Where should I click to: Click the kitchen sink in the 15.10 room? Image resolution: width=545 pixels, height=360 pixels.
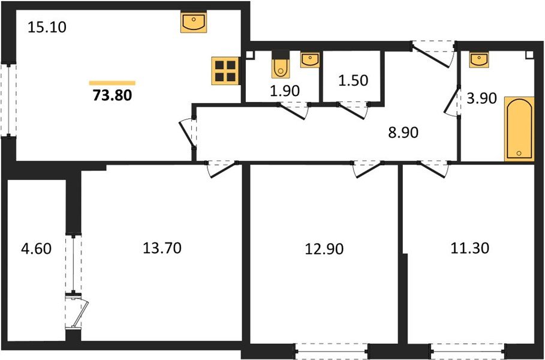194,23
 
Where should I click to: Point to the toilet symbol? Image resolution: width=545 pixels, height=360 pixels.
281,67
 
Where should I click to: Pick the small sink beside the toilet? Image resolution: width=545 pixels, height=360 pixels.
309,59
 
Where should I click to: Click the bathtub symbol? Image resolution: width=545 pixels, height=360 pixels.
519,128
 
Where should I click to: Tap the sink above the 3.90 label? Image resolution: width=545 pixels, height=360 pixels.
479,60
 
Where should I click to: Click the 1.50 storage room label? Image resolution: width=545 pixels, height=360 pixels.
352,80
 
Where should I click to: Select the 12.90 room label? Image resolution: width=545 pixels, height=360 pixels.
324,248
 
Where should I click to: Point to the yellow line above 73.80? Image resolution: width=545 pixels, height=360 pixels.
112,83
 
